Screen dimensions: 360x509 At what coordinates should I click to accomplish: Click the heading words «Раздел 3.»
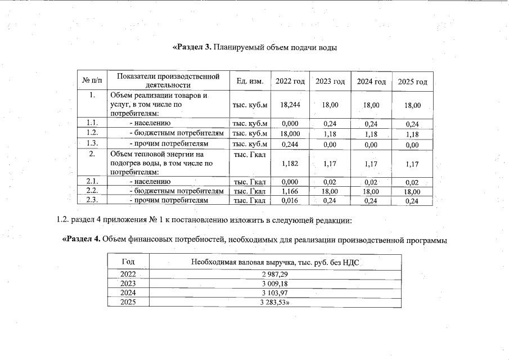(191, 47)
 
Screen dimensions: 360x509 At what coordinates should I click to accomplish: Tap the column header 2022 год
(290, 82)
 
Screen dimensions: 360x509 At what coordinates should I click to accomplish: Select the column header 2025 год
(412, 82)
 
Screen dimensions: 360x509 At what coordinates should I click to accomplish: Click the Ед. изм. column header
(250, 82)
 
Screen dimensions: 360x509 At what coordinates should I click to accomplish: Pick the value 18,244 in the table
(290, 105)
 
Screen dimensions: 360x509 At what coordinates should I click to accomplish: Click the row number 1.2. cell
(93, 133)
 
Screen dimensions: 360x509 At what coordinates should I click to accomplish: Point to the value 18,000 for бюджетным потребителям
(290, 133)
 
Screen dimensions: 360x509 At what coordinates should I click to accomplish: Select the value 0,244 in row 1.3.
(290, 143)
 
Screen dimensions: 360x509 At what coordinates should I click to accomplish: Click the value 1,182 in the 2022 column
(290, 163)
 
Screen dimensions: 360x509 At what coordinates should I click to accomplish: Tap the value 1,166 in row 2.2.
(290, 191)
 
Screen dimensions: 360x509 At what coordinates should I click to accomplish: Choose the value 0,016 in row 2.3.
(290, 200)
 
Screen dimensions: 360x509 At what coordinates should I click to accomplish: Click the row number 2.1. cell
(93, 182)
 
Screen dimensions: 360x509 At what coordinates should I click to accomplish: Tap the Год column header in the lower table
(128, 262)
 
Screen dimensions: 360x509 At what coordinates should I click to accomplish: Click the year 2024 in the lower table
(128, 293)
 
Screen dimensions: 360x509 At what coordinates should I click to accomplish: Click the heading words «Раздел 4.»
(81, 240)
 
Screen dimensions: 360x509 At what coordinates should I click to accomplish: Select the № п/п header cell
(93, 82)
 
